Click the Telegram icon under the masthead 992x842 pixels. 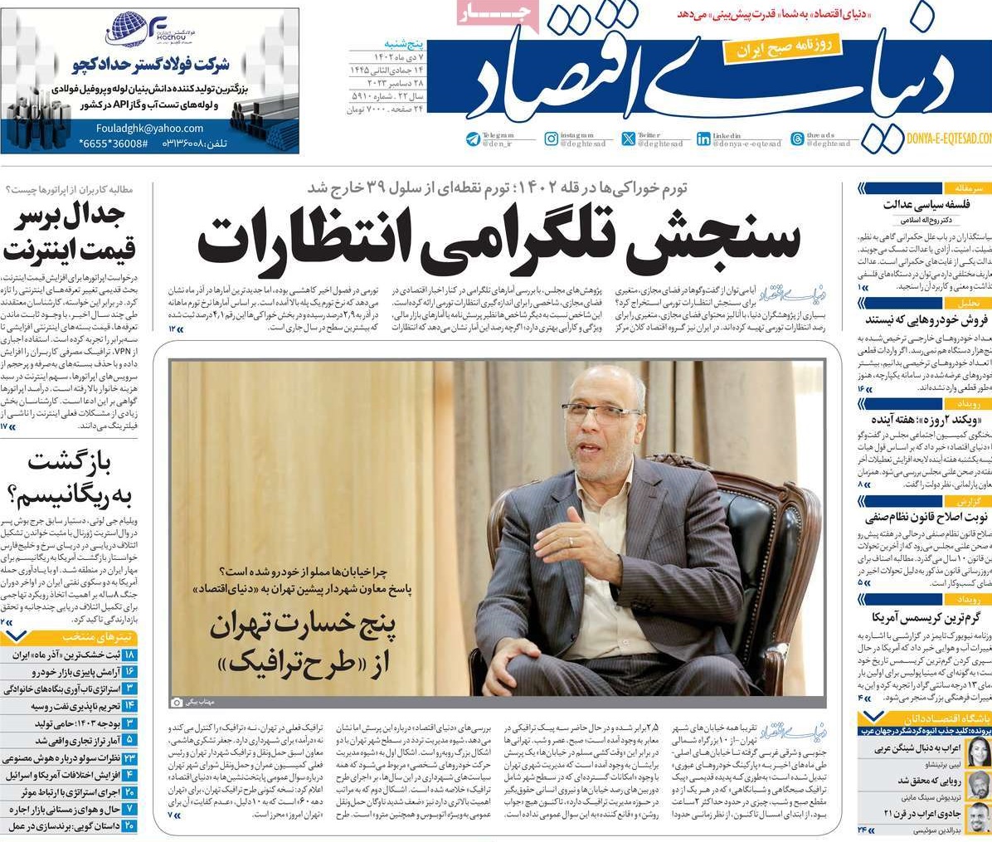coord(473,139)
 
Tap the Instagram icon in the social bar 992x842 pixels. coord(551,139)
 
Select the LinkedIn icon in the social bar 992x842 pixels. coord(703,139)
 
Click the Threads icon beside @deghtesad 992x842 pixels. coord(797,139)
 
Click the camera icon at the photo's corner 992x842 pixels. coord(176,703)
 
